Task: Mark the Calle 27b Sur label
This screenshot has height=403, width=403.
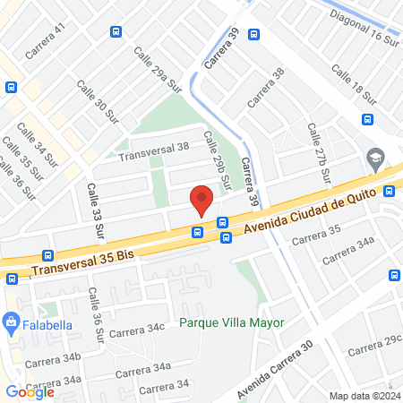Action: click(318, 148)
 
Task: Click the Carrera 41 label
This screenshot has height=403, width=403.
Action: click(46, 41)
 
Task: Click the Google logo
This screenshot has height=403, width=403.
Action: click(30, 391)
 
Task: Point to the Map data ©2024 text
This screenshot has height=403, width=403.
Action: click(363, 396)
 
